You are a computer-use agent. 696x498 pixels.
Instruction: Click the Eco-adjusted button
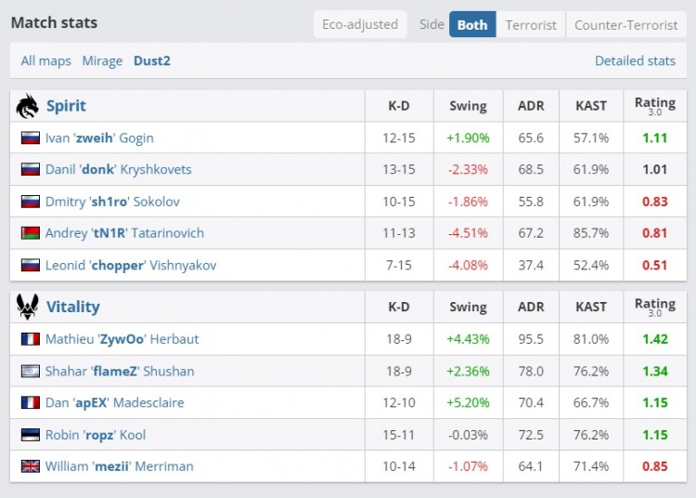pyautogui.click(x=360, y=25)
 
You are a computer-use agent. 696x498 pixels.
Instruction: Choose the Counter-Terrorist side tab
pyautogui.click(x=625, y=25)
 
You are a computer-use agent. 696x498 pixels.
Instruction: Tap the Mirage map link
pyautogui.click(x=102, y=61)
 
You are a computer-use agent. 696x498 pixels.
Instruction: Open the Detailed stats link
pyautogui.click(x=635, y=61)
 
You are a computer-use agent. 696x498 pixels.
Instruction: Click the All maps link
pyautogui.click(x=45, y=61)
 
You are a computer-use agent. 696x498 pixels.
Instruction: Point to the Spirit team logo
pyautogui.click(x=27, y=106)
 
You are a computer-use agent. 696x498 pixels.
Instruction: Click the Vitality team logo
pyautogui.click(x=27, y=307)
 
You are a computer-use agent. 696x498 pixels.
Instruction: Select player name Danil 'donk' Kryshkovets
pyautogui.click(x=118, y=169)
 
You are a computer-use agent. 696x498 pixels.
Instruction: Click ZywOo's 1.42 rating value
pyautogui.click(x=654, y=339)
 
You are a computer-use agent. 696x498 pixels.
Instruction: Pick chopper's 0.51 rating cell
pyautogui.click(x=654, y=265)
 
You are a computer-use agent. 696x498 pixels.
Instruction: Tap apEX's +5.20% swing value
pyautogui.click(x=468, y=402)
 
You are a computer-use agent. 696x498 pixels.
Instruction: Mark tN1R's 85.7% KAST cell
pyautogui.click(x=590, y=232)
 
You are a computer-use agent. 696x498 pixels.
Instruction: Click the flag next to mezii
pyautogui.click(x=30, y=466)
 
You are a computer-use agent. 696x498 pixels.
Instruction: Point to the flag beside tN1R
pyautogui.click(x=30, y=232)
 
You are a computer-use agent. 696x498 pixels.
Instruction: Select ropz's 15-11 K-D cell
pyautogui.click(x=399, y=435)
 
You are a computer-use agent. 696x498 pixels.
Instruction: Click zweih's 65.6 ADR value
pyautogui.click(x=531, y=138)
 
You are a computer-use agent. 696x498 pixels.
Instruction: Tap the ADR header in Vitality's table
pyautogui.click(x=531, y=307)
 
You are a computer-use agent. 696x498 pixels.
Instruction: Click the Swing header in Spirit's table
pyautogui.click(x=468, y=106)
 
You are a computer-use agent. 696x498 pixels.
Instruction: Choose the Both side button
pyautogui.click(x=472, y=25)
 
